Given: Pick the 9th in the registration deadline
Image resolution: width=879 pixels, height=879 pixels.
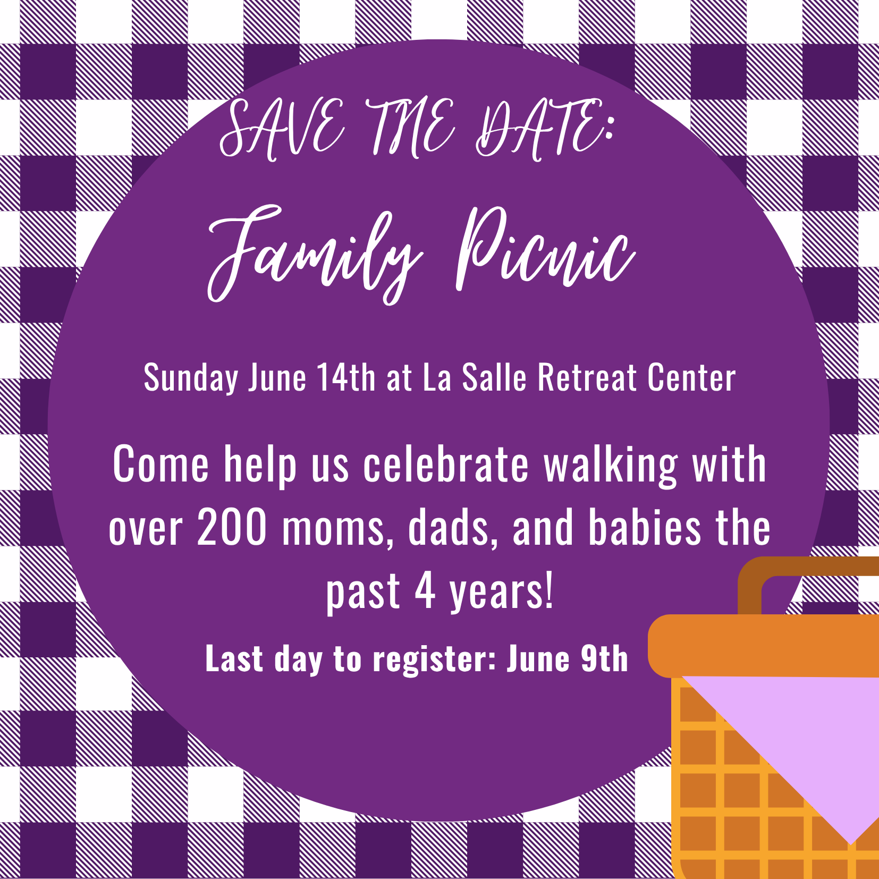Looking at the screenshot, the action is tap(604, 658).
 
